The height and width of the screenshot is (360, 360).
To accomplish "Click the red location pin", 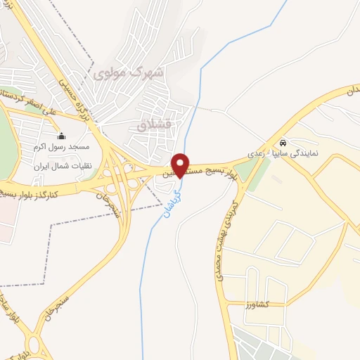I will [x=181, y=164].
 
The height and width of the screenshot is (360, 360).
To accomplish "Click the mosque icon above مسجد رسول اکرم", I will [x=61, y=136].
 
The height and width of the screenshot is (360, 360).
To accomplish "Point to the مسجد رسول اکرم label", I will [x=61, y=148].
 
